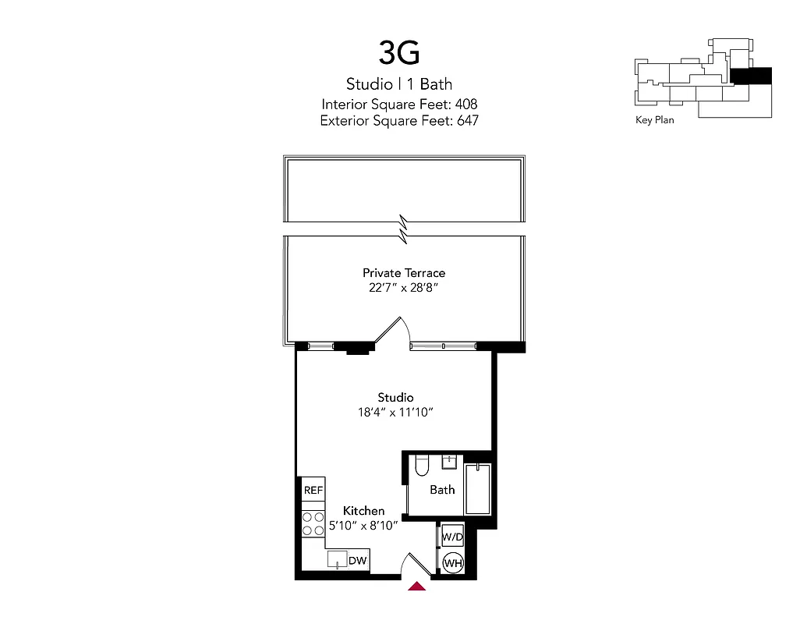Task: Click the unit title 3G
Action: tap(399, 52)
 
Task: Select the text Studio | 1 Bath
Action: tap(399, 84)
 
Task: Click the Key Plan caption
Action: tap(655, 120)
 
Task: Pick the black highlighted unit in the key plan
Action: tap(750, 76)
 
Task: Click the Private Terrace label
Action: tap(403, 273)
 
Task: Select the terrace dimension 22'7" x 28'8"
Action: tap(403, 287)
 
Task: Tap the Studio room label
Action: tap(395, 398)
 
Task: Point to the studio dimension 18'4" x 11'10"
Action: tap(395, 412)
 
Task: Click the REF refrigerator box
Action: tap(313, 491)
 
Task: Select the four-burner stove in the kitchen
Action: tap(313, 523)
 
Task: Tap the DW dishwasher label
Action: tap(358, 560)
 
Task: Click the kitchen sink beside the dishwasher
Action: tap(337, 558)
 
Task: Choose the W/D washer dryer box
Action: tap(451, 537)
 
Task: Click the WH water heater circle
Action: tap(452, 563)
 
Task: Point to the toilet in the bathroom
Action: tap(422, 465)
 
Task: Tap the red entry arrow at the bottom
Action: tap(417, 586)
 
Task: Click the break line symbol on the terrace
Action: tap(403, 227)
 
